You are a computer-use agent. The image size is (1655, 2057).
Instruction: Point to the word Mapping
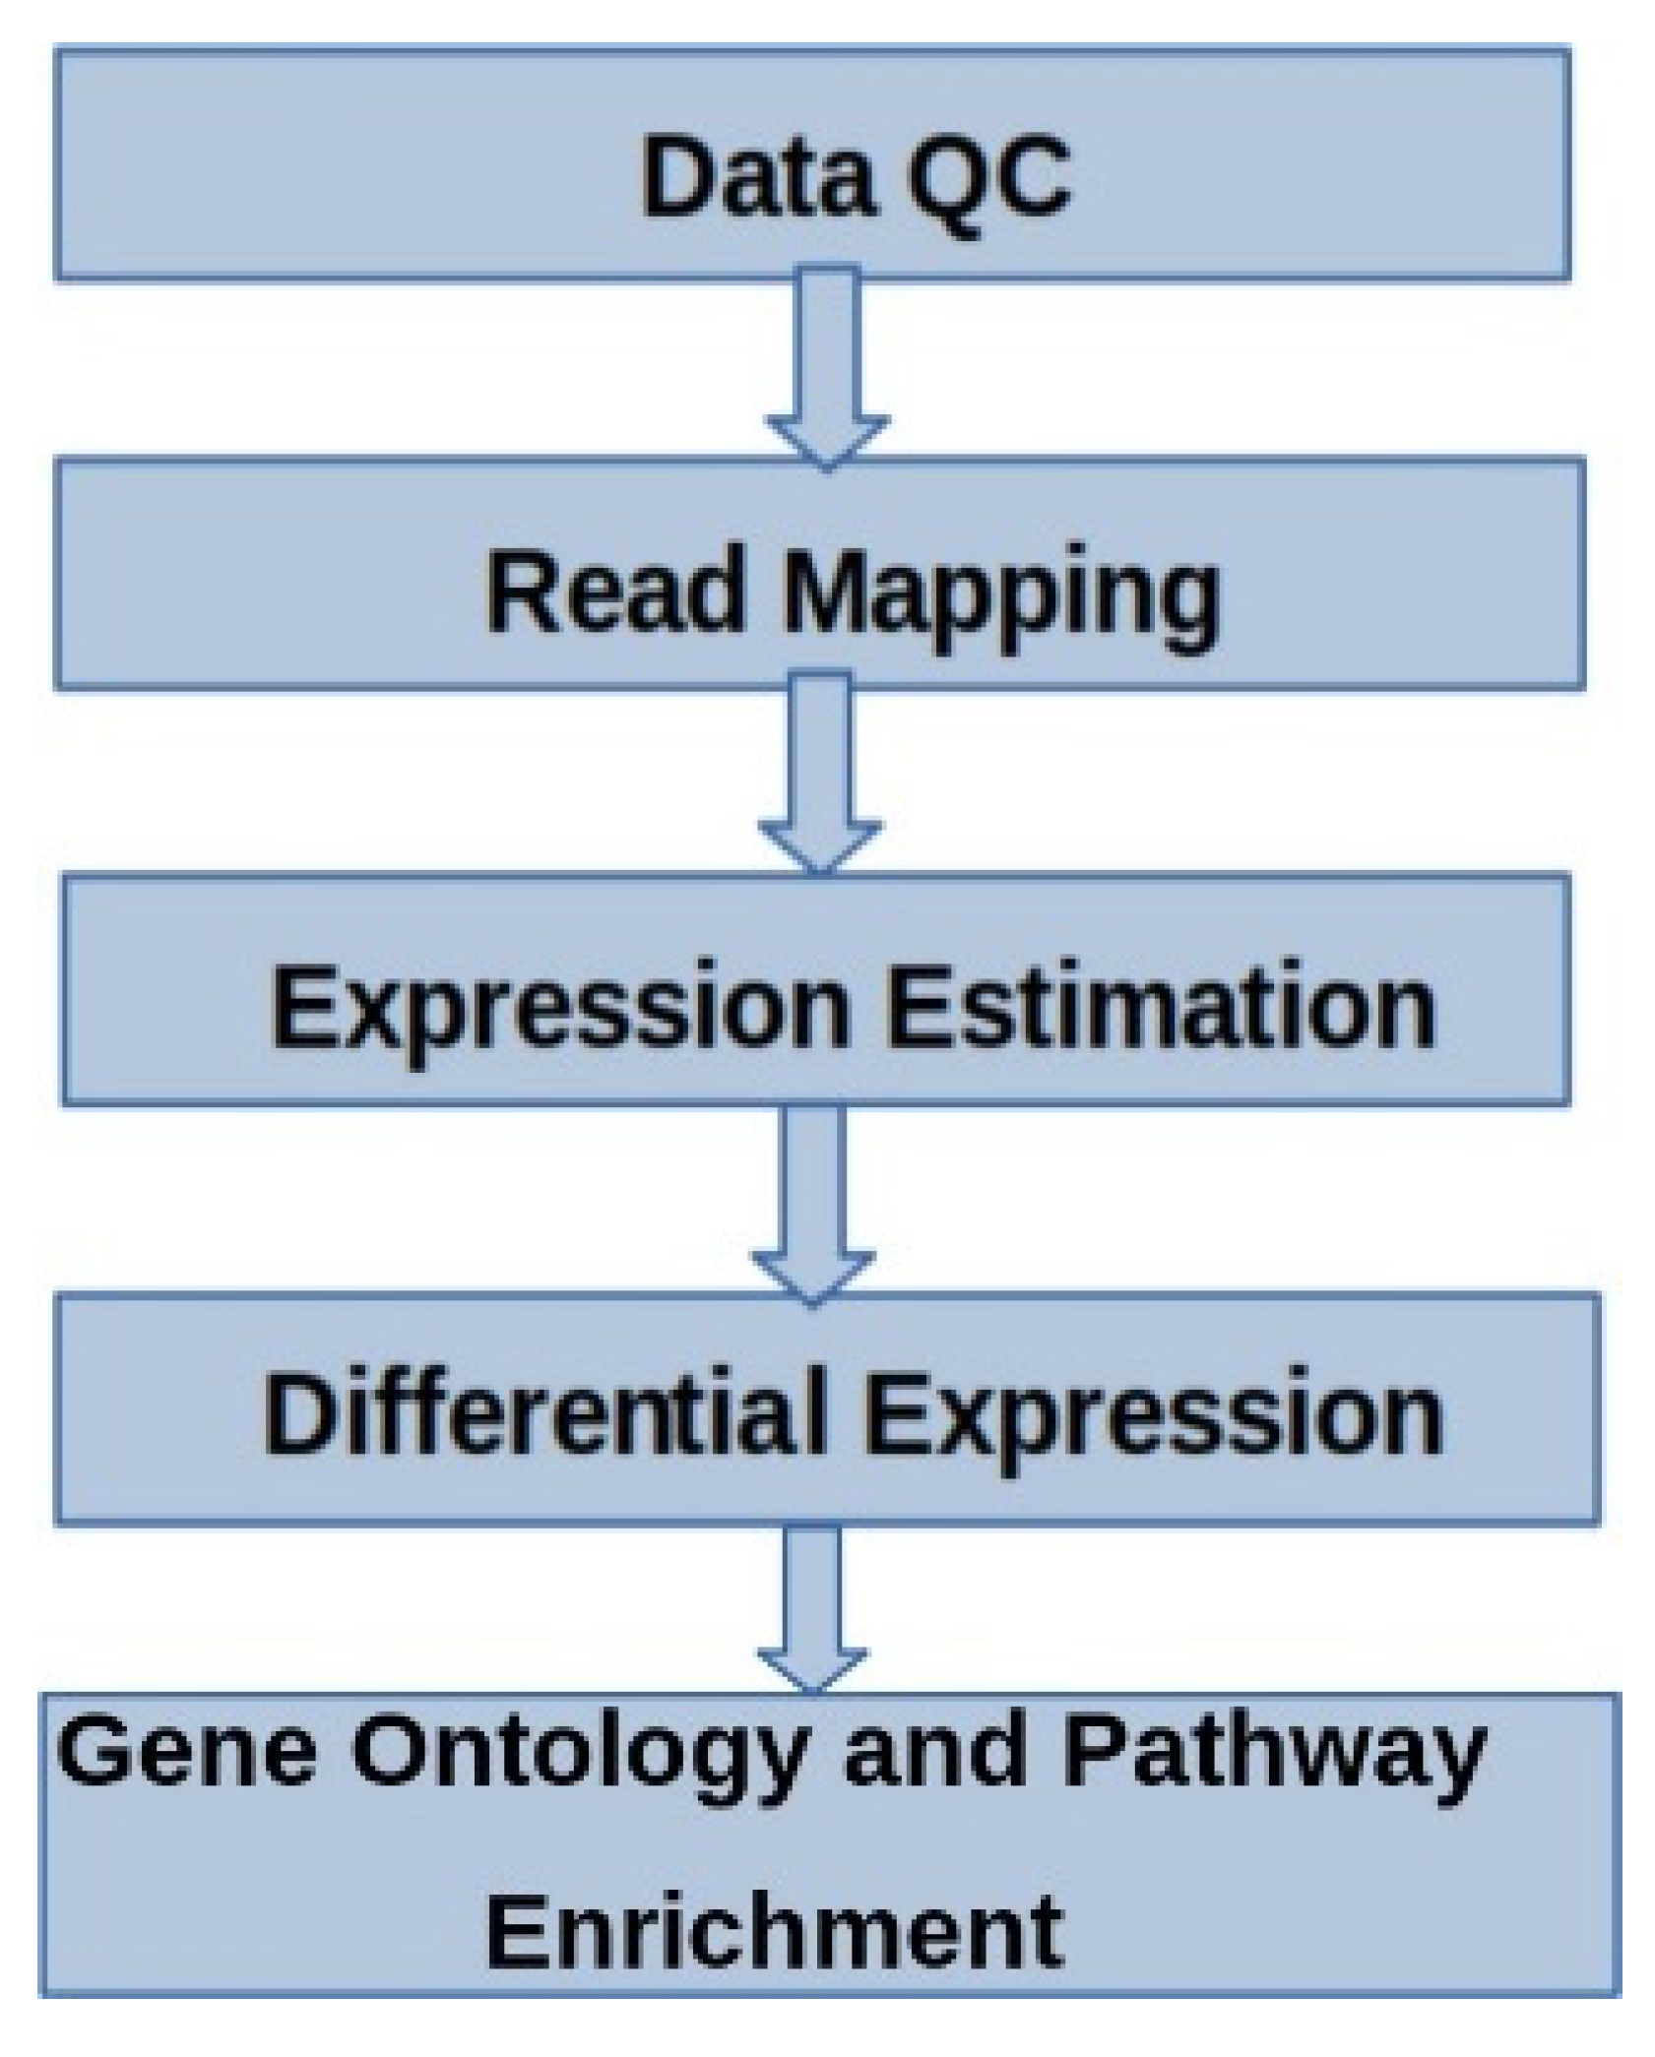(x=1000, y=596)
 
